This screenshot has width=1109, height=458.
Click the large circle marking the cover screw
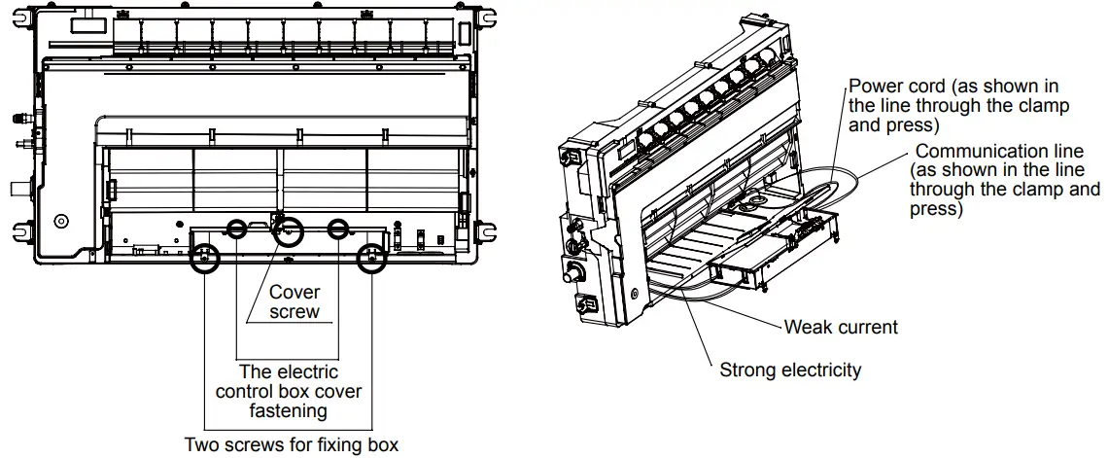[287, 232]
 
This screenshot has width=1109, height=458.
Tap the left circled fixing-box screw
[204, 260]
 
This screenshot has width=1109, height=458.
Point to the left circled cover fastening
[237, 229]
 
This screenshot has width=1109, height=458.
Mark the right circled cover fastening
[338, 229]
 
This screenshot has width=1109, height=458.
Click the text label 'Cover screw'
[295, 301]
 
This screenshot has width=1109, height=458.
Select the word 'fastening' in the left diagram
[289, 411]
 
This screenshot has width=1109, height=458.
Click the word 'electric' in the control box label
[307, 372]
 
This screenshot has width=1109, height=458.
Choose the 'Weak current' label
[841, 327]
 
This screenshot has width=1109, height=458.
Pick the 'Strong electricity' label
[790, 370]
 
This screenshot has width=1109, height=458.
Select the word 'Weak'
[808, 327]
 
